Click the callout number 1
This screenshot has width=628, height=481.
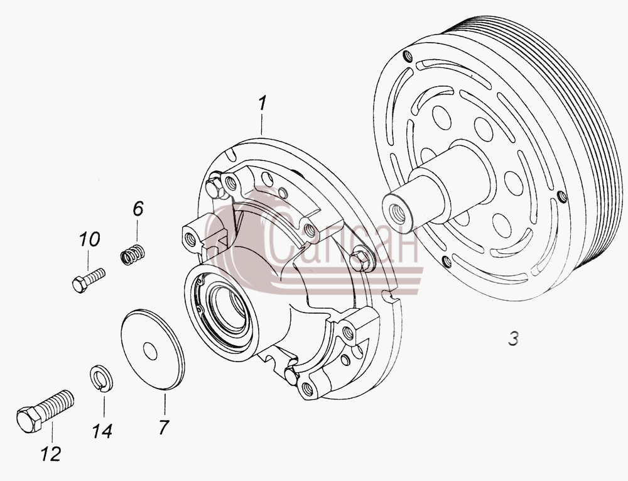coord(263,102)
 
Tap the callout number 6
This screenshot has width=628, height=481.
coord(138,209)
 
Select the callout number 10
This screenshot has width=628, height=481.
coord(89,240)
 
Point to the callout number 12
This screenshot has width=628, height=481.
coord(51,454)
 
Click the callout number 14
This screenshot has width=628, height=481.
coord(102,431)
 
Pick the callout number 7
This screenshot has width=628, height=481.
coord(163,428)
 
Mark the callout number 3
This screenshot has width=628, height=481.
coord(514,338)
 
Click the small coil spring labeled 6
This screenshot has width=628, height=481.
coord(133,254)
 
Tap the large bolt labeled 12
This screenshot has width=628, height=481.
coord(45,411)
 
